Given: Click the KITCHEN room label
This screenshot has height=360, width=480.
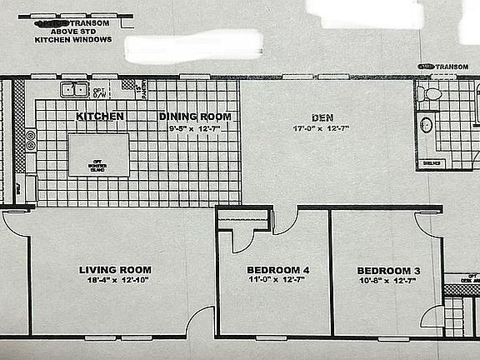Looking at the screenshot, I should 100,116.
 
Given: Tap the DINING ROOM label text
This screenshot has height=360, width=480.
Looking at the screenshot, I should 195,116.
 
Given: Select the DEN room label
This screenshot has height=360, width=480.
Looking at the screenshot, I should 322,117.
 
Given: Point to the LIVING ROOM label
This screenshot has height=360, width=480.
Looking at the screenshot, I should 115,269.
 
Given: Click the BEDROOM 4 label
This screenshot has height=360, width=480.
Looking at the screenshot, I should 277,270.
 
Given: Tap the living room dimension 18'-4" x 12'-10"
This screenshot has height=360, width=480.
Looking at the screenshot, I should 115,281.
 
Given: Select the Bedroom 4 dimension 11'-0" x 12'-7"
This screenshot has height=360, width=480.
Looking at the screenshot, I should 277,281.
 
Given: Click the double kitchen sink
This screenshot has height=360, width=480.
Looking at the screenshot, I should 73,89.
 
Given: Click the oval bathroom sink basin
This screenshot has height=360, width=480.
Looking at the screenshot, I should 426,125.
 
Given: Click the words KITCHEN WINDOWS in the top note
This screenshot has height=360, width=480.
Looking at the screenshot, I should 73,39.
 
